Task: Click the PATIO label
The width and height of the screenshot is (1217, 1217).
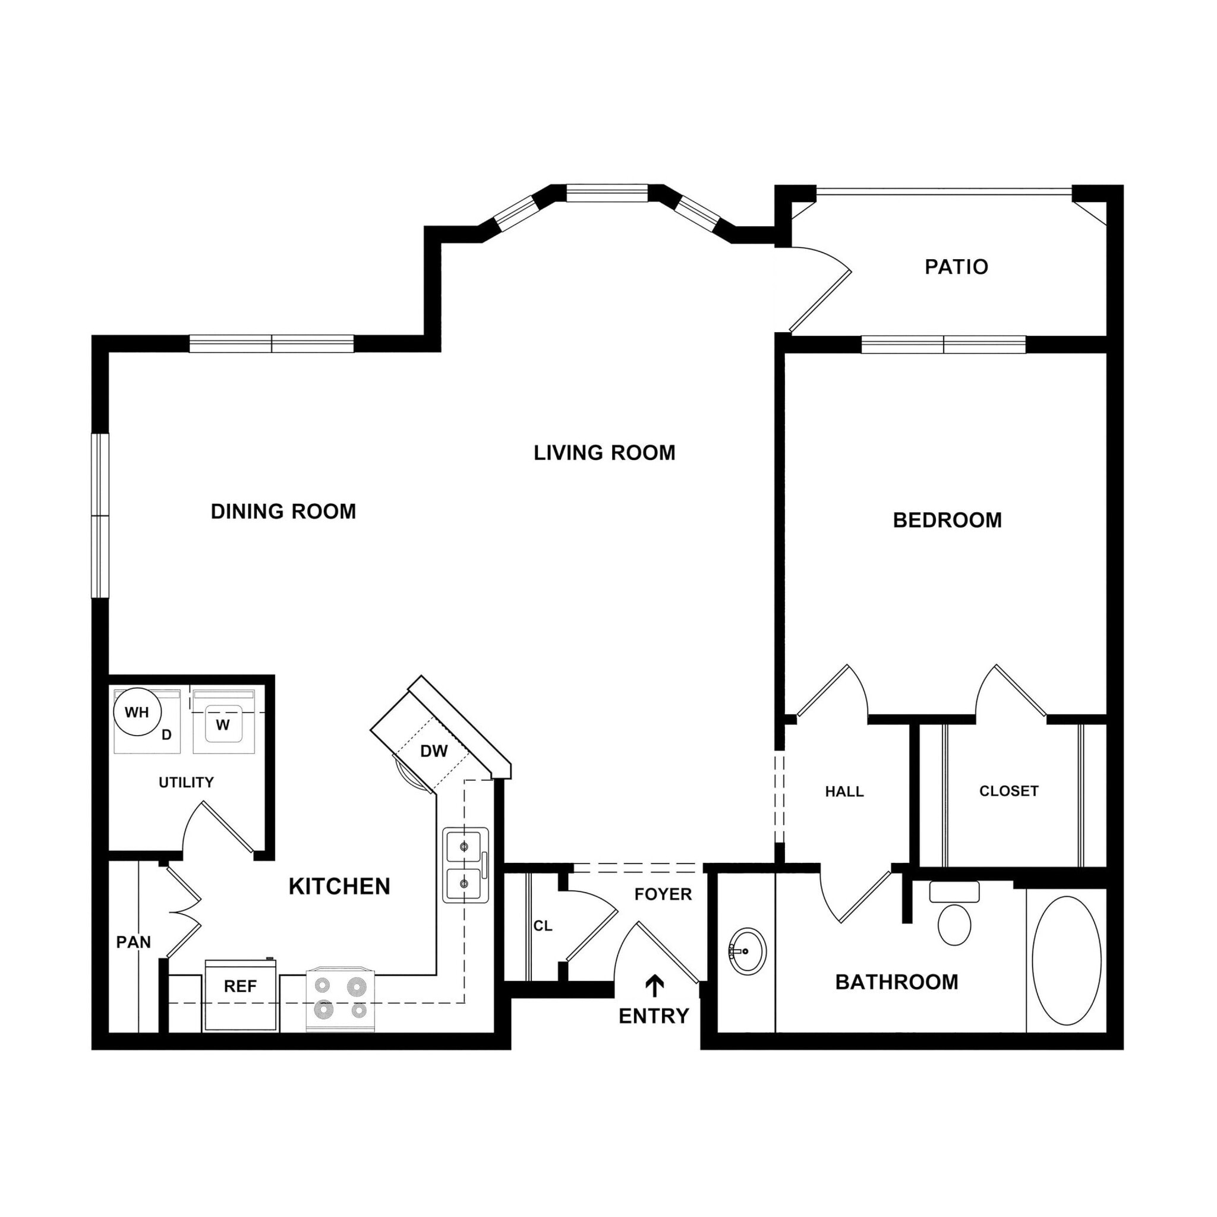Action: [x=956, y=267]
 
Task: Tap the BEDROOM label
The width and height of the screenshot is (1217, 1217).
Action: [x=947, y=521]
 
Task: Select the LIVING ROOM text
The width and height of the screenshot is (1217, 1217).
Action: [x=604, y=453]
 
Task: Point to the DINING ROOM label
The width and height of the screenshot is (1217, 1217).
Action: [x=283, y=512]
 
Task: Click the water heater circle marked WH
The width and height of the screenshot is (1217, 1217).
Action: [x=137, y=712]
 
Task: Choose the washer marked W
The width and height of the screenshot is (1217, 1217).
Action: [x=223, y=724]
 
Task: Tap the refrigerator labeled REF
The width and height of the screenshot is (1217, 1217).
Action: [x=241, y=986]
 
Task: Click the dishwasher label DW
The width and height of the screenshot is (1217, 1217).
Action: [x=433, y=751]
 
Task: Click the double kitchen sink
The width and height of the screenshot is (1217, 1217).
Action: [x=465, y=865]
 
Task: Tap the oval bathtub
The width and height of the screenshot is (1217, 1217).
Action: [x=1066, y=961]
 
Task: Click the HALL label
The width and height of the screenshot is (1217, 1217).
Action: [x=844, y=792]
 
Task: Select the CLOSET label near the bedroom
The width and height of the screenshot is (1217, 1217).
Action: [x=1008, y=791]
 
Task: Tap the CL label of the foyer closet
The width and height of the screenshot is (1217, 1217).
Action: [x=543, y=926]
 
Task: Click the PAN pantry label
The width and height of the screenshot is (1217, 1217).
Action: [x=134, y=942]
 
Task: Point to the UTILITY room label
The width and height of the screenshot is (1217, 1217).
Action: [x=186, y=783]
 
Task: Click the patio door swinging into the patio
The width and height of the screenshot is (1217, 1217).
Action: [x=821, y=301]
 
